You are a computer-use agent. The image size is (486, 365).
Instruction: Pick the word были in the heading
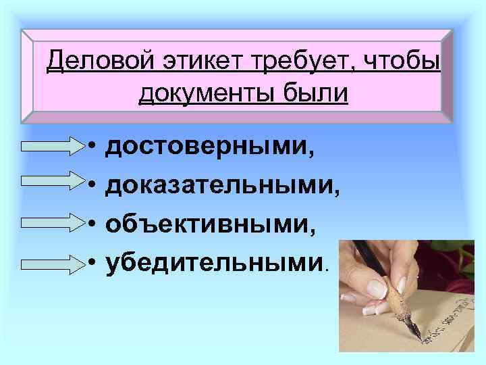tap(316, 93)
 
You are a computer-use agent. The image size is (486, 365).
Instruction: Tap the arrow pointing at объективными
tap(53, 221)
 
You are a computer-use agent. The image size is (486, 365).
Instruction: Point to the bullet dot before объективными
tap(90, 222)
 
